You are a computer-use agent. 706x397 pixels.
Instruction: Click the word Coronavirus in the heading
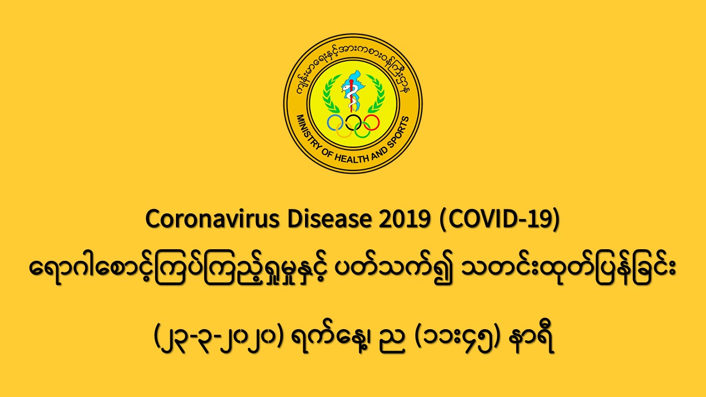[212, 219]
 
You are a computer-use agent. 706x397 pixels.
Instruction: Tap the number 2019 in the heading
[405, 219]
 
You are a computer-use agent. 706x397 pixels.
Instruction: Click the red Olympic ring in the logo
[378, 122]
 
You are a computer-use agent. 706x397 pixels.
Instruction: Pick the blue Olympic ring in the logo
[328, 122]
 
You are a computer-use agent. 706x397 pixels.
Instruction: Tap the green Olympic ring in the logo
[362, 137]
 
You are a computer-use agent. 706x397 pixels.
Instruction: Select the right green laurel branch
[377, 94]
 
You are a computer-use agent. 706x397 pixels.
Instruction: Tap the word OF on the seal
[327, 153]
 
